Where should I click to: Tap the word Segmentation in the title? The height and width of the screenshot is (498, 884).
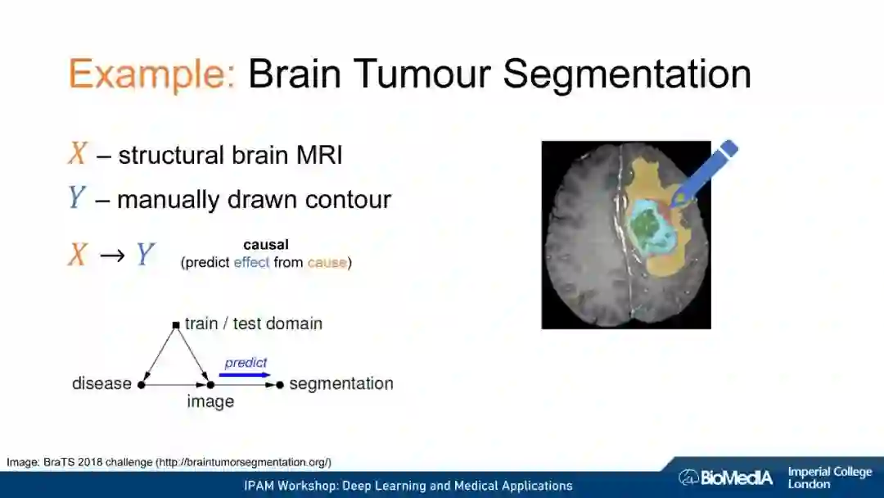pos(627,75)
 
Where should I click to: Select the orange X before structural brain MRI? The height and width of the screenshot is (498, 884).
pos(78,154)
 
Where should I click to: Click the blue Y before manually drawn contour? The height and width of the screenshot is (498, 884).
pos(77,198)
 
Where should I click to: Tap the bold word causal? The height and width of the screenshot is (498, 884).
pos(266,244)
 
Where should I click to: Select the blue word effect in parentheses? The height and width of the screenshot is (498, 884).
pos(251,263)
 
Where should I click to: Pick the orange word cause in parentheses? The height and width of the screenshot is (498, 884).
pos(327,263)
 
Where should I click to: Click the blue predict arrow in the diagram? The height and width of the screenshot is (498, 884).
pos(246,375)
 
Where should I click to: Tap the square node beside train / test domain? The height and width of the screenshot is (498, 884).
pos(175,325)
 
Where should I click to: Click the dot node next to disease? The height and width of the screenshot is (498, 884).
pos(141,384)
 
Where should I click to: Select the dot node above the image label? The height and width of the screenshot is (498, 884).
pos(210,384)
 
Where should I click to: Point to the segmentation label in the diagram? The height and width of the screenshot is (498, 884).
pos(341,383)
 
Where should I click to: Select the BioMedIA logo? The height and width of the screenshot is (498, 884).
pos(725,477)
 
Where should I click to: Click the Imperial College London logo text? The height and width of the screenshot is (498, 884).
pos(829,478)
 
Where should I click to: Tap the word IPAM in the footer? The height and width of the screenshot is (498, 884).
pos(260,486)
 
